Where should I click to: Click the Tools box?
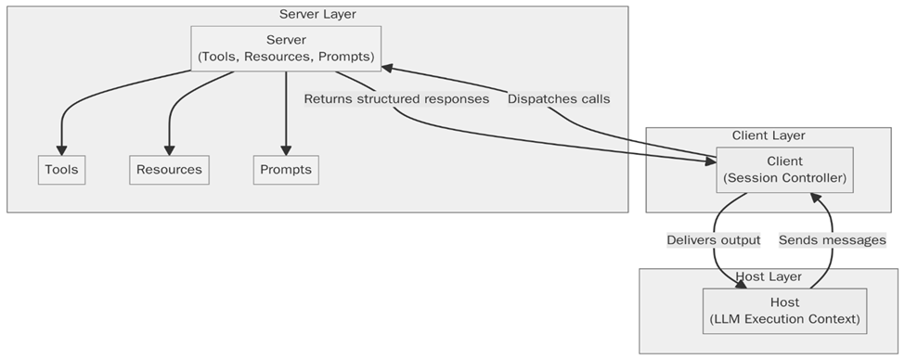tap(62, 170)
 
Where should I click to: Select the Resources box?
tap(169, 170)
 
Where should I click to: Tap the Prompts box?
tap(286, 170)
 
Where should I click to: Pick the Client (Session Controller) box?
tap(785, 170)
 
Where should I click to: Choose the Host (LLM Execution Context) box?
tap(784, 311)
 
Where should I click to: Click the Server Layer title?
tap(317, 14)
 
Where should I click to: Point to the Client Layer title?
tap(769, 135)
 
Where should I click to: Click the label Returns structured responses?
tap(396, 99)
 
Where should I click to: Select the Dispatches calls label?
tap(559, 99)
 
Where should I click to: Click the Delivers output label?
tap(714, 239)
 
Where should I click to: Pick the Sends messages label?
tap(833, 239)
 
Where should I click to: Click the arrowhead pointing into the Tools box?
tap(62, 150)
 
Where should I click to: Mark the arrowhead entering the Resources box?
tap(169, 150)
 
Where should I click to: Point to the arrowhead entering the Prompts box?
tap(286, 150)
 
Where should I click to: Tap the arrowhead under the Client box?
tap(814, 199)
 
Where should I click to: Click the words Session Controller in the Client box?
tap(785, 177)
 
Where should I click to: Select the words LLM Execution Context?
tap(784, 319)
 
